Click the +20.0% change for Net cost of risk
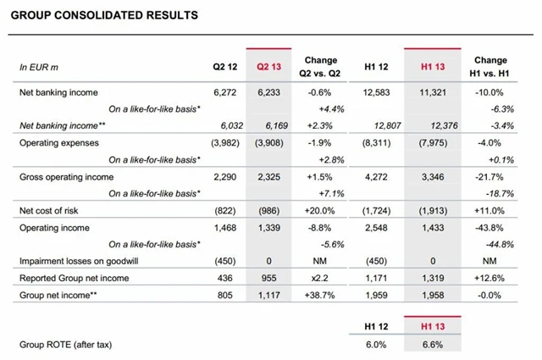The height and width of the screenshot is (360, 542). pyautogui.click(x=324, y=209)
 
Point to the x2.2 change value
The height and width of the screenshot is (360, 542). pyautogui.click(x=324, y=278)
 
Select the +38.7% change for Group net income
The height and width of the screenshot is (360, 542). pyautogui.click(x=324, y=295)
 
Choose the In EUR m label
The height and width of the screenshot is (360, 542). pyautogui.click(x=39, y=66)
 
